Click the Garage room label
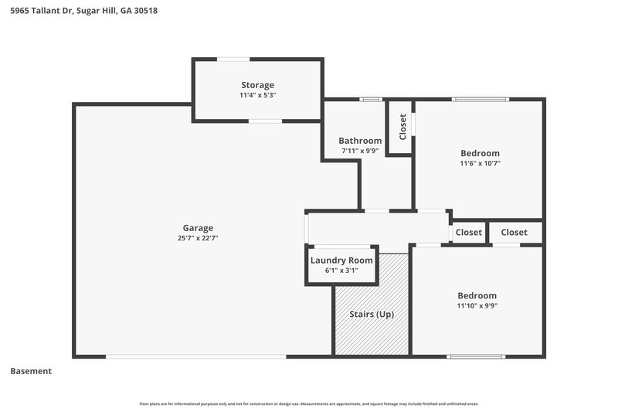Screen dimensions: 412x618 (x=198, y=228)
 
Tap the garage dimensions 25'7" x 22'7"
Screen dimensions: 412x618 (x=198, y=238)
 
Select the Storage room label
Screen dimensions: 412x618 (x=257, y=85)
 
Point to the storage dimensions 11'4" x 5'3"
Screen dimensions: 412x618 (x=257, y=95)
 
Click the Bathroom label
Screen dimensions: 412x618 (x=360, y=141)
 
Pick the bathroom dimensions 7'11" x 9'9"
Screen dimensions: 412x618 (x=360, y=151)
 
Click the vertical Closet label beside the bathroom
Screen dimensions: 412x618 (x=402, y=127)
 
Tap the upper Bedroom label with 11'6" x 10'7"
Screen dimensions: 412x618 (x=480, y=153)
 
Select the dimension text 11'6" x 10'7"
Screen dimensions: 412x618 (x=480, y=163)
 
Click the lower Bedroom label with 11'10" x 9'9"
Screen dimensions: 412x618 (x=477, y=295)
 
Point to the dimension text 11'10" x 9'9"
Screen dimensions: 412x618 (x=477, y=305)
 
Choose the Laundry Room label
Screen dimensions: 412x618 (x=341, y=260)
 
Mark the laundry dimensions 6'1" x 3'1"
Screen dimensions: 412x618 (x=341, y=271)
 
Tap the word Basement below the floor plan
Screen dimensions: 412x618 (x=31, y=371)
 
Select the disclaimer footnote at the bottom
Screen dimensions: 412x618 (x=309, y=403)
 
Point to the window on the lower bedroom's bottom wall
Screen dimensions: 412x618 (x=469, y=356)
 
